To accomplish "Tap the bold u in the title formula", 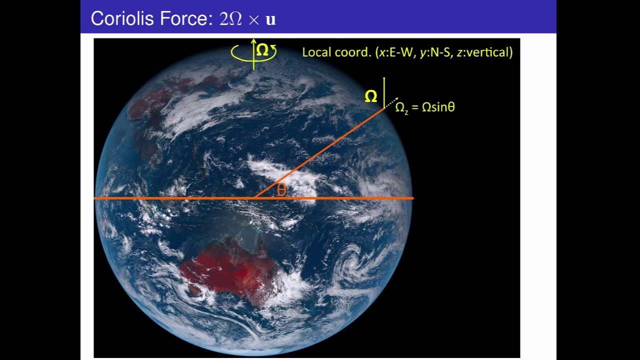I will (271, 20).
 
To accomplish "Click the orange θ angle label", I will (281, 190).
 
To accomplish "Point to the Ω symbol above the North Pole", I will (262, 50).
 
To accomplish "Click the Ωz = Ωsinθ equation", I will (425, 107).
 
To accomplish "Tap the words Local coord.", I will (336, 52).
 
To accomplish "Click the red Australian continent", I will (227, 270).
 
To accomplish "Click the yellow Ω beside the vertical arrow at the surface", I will (370, 97).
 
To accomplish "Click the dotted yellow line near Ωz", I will (391, 102).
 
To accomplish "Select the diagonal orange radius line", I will (320, 152).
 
